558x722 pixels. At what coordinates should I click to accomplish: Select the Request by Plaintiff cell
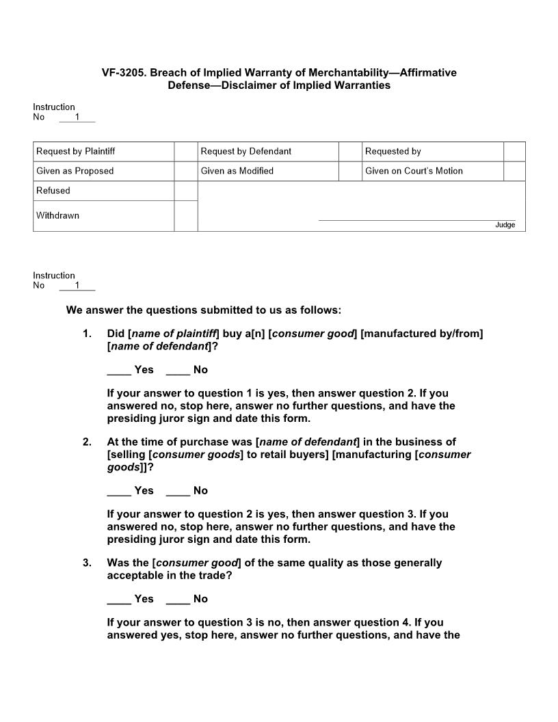[x=103, y=151]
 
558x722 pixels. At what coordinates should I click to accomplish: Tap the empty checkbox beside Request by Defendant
[x=350, y=151]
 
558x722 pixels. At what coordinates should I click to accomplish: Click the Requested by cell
[x=432, y=151]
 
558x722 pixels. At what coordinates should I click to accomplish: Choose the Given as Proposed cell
[x=103, y=171]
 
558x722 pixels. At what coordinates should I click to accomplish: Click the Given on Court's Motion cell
[x=432, y=171]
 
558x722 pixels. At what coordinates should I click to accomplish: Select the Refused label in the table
[x=53, y=191]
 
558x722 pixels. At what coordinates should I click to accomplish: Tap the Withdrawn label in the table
[x=57, y=215]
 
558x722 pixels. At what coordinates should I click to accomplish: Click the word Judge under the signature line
[x=505, y=225]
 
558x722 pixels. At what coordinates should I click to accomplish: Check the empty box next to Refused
[x=185, y=191]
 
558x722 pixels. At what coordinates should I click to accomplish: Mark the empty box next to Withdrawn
[x=185, y=216]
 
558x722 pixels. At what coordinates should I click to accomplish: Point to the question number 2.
[x=87, y=442]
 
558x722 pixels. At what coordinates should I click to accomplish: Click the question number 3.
[x=87, y=563]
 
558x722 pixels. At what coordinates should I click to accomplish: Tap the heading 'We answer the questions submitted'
[x=203, y=310]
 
